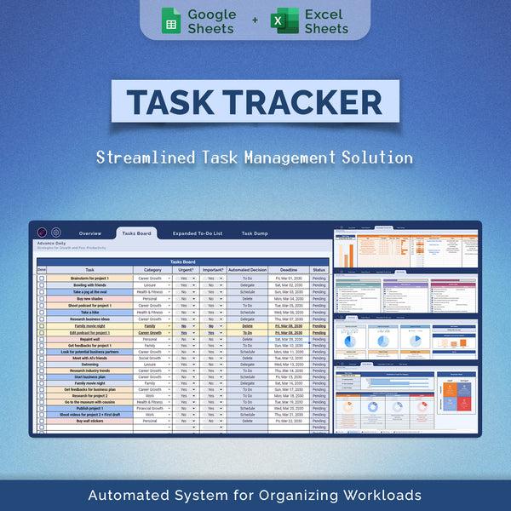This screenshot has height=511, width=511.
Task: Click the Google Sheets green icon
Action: tap(171, 20)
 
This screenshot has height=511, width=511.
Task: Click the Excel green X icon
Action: tap(284, 20)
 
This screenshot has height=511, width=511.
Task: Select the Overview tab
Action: tap(90, 233)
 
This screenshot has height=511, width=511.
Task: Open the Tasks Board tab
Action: tap(136, 233)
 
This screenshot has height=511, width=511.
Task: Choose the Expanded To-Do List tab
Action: tap(197, 233)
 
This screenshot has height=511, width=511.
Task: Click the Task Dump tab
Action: tap(255, 233)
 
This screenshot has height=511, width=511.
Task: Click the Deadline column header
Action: tap(289, 270)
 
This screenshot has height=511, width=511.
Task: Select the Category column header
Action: tap(152, 270)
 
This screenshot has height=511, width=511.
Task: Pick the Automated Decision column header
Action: tap(247, 270)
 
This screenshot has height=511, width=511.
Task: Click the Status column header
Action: tap(319, 270)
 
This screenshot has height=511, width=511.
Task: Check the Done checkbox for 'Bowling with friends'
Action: tap(42, 285)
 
